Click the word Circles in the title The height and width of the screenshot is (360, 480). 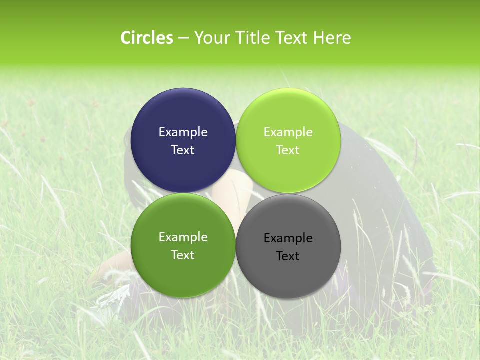point(146,38)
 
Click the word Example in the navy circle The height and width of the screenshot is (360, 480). point(183,132)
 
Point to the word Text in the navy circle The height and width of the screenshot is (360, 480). point(183,150)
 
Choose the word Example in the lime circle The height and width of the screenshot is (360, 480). point(288,132)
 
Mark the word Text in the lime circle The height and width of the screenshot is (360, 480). point(288,150)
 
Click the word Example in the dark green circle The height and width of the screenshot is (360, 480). point(183,237)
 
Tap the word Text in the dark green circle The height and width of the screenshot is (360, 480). point(183,255)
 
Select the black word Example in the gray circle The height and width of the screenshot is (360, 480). point(288,238)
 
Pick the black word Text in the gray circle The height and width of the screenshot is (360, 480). point(288,256)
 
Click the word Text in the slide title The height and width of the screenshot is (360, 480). point(292,38)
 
